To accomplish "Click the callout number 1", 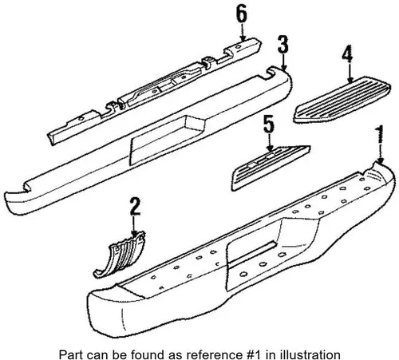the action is coord(381,134).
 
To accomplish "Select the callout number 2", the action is coord(135,206).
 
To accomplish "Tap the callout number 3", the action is coord(282,44).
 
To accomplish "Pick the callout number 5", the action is coord(269,125).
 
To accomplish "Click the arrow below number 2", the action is coord(135,226).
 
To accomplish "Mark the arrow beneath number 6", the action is coord(242,32).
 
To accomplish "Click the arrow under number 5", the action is coord(269,142).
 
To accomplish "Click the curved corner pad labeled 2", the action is coord(120,254).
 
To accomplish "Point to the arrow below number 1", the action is coord(381,154).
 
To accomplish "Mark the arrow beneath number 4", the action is coord(350,73).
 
